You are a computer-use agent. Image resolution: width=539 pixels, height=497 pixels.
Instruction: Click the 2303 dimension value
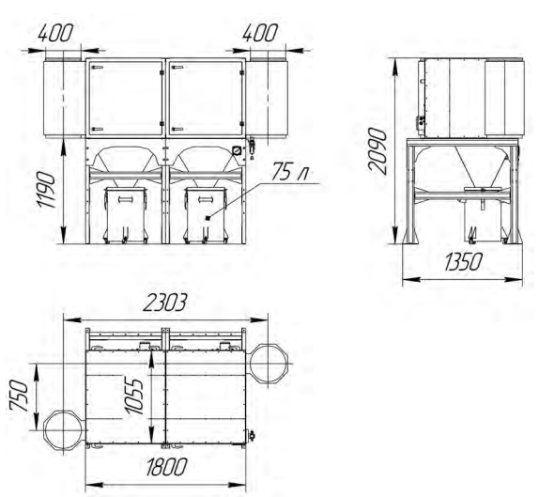[164, 303]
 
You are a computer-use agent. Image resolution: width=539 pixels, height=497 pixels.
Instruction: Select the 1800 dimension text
[166, 467]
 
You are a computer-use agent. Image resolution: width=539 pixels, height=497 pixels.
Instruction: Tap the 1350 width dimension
[463, 262]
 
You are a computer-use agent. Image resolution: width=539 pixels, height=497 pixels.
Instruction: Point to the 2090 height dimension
[377, 150]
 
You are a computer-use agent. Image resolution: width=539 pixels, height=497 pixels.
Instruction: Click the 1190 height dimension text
[47, 190]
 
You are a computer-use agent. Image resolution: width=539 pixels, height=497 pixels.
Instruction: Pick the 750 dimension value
[18, 396]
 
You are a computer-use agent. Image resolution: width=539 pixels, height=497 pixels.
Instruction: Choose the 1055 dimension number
[133, 396]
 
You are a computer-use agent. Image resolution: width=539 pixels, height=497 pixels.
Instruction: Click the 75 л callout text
[290, 171]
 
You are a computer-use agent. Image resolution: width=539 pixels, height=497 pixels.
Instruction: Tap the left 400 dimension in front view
[55, 34]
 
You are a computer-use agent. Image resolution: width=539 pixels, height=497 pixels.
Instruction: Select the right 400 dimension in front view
[259, 34]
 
